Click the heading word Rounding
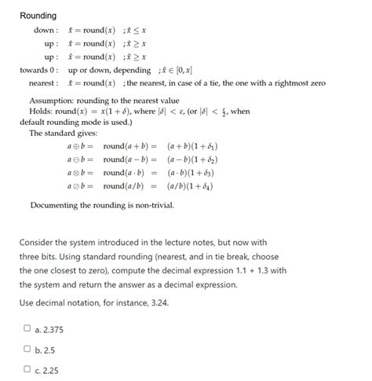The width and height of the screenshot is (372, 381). (38, 16)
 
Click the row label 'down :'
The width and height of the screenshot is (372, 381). (44, 31)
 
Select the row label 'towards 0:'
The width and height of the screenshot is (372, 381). (38, 70)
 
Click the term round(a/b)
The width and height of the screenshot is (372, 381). (123, 186)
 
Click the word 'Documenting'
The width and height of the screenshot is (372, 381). (57, 206)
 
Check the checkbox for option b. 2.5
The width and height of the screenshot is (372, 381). (27, 348)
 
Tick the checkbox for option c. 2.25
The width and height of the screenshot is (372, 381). (27, 368)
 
